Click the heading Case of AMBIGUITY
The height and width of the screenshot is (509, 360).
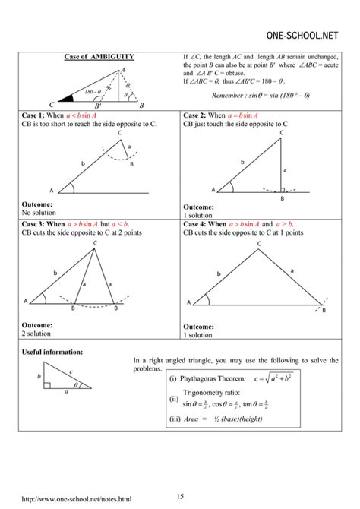pos(90,57)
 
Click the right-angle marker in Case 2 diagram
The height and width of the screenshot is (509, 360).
pos(280,191)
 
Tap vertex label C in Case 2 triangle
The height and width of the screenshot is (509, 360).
pos(283,131)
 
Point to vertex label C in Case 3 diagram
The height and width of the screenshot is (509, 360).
pos(94,242)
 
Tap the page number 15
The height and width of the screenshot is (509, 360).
pos(181,496)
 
